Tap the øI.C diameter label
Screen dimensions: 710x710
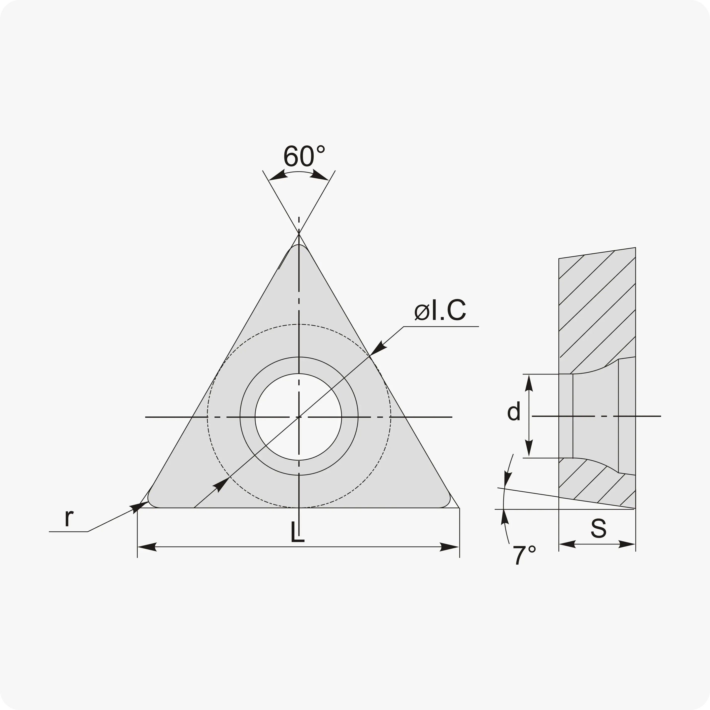click(x=440, y=310)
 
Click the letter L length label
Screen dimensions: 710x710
click(x=297, y=532)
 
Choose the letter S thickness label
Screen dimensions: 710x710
click(x=599, y=528)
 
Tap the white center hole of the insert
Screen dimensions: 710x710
click(x=298, y=417)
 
